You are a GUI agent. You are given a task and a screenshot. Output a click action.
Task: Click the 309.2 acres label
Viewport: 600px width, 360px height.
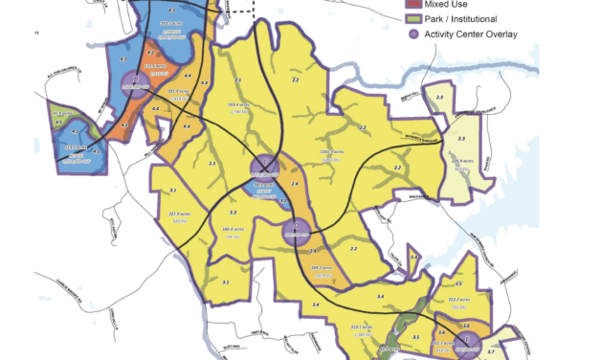[x=321, y=268]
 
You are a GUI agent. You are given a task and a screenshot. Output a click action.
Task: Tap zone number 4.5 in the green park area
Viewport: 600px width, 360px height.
[x=59, y=123]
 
